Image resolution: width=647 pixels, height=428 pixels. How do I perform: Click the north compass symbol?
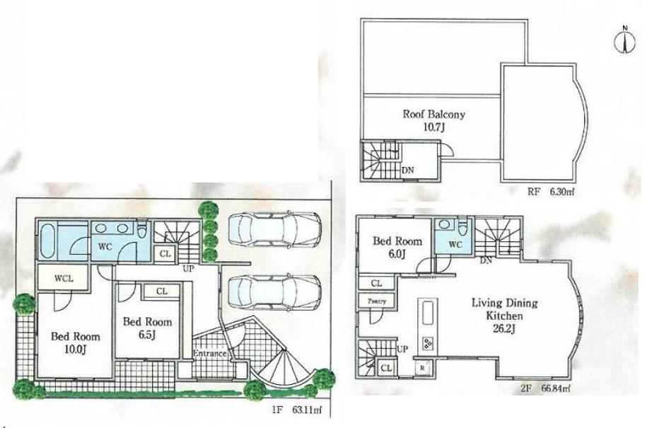[624, 40]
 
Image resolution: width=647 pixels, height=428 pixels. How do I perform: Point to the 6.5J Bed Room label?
[147, 327]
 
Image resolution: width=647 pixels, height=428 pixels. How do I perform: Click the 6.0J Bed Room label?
[397, 247]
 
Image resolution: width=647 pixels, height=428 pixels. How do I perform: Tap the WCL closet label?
[64, 278]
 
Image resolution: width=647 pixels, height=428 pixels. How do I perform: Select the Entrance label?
[209, 353]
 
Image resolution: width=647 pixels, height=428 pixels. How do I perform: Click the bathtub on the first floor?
[48, 241]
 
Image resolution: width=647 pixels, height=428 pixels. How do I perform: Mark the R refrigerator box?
[422, 367]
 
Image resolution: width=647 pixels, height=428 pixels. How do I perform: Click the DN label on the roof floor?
[407, 170]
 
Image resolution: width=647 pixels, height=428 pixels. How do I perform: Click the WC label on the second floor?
[455, 245]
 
